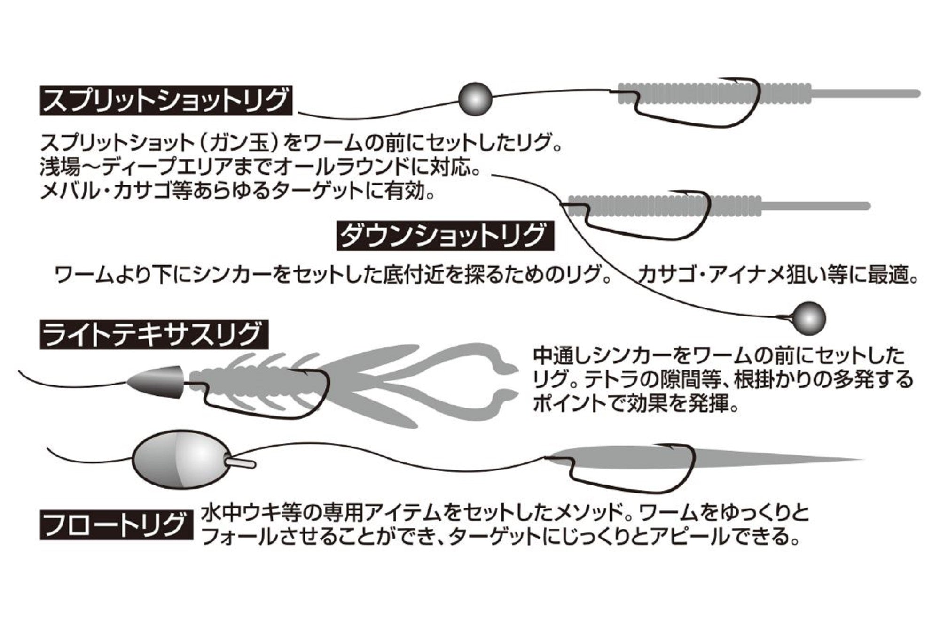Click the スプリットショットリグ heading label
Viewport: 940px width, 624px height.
pyautogui.click(x=165, y=100)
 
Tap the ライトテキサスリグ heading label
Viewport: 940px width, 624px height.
pyautogui.click(x=154, y=334)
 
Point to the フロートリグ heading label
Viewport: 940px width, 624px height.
pyautogui.click(x=116, y=525)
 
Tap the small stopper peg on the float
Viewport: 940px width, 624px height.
pyautogui.click(x=243, y=463)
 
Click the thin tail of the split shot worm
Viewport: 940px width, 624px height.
pyautogui.click(x=865, y=93)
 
